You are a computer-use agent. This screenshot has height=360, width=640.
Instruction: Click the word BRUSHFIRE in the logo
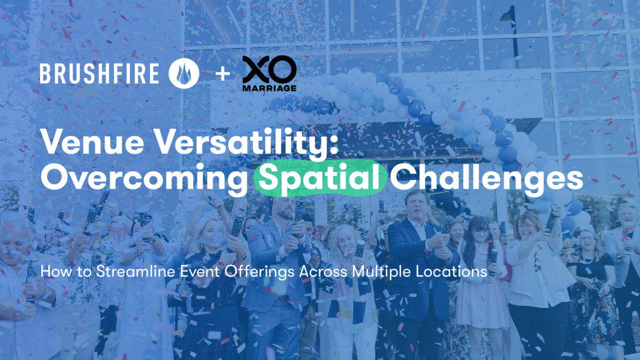(99, 73)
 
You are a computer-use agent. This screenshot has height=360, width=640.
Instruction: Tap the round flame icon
(184, 73)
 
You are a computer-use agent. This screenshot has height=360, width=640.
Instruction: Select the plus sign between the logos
(223, 73)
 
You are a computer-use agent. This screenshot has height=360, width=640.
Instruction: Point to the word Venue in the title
(80, 144)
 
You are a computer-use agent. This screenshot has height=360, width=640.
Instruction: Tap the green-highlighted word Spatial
(320, 180)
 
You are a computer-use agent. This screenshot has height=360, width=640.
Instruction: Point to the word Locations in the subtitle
(454, 271)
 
